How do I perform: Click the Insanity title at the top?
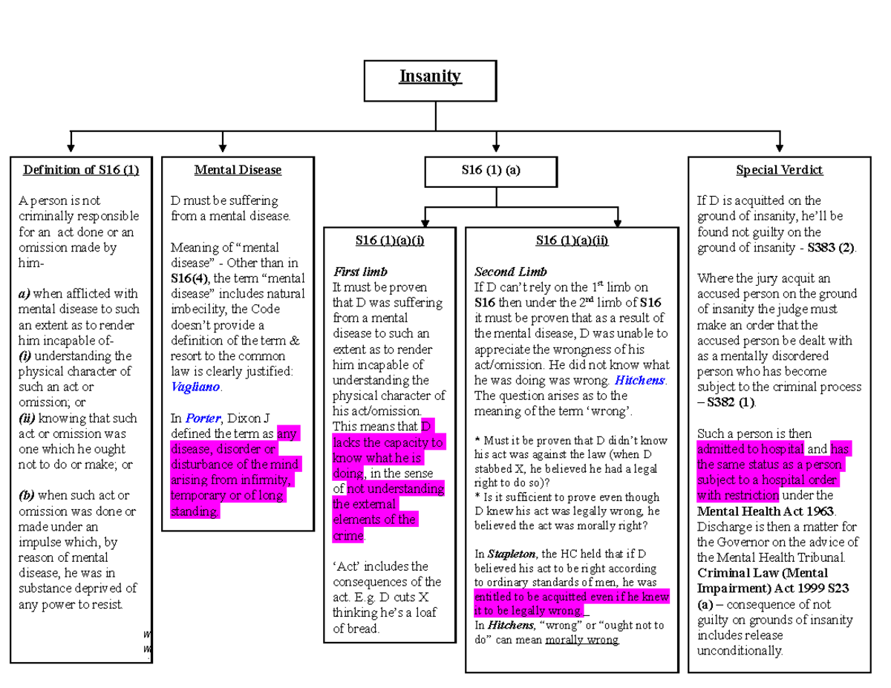coord(430,76)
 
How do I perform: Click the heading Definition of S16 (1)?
coord(81,170)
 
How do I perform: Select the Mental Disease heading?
coord(238,170)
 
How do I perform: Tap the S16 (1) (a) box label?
coord(491,170)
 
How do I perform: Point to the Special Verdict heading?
coord(779,170)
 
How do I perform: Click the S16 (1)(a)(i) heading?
coord(390,240)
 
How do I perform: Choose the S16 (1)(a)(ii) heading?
coord(572,240)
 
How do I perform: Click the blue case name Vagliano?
coord(195,387)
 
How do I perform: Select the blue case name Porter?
coord(203,418)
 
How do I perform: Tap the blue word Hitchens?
coord(639,380)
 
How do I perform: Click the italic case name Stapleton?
coord(512,554)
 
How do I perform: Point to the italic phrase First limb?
coord(360,272)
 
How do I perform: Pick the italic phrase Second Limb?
coord(511,272)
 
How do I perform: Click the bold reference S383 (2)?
coord(831,247)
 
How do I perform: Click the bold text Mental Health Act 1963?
coord(766,511)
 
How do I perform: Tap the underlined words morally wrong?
coord(581,640)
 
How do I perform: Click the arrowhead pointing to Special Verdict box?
coord(780,148)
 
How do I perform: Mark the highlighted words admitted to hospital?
coord(751,449)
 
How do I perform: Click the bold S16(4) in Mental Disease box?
coord(189,278)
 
